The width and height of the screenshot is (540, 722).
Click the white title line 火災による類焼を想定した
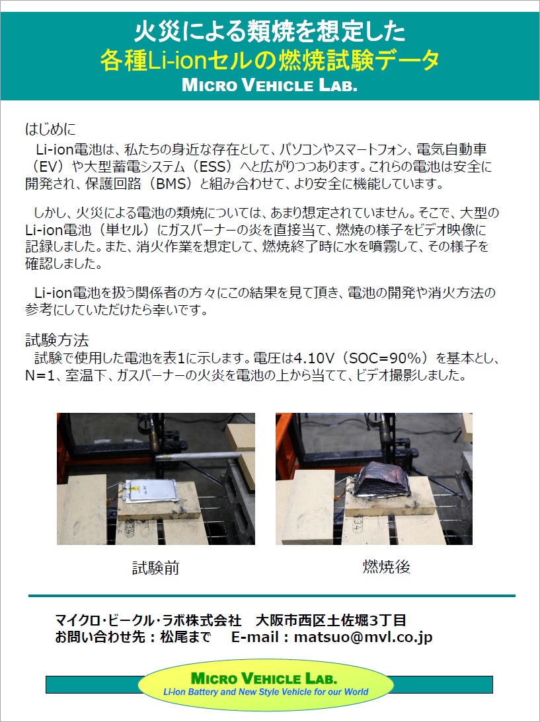(x=270, y=31)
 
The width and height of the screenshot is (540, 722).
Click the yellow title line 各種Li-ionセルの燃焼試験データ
(x=270, y=61)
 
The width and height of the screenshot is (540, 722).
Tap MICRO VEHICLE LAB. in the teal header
(x=270, y=86)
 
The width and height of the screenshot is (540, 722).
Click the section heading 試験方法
(x=57, y=341)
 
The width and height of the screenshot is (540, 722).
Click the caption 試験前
(x=155, y=568)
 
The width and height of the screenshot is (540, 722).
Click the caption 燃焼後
(x=387, y=567)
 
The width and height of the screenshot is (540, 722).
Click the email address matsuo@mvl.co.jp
(x=363, y=637)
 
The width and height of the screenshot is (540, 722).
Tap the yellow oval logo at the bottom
(x=266, y=685)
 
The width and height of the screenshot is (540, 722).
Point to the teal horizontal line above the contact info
(x=271, y=596)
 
